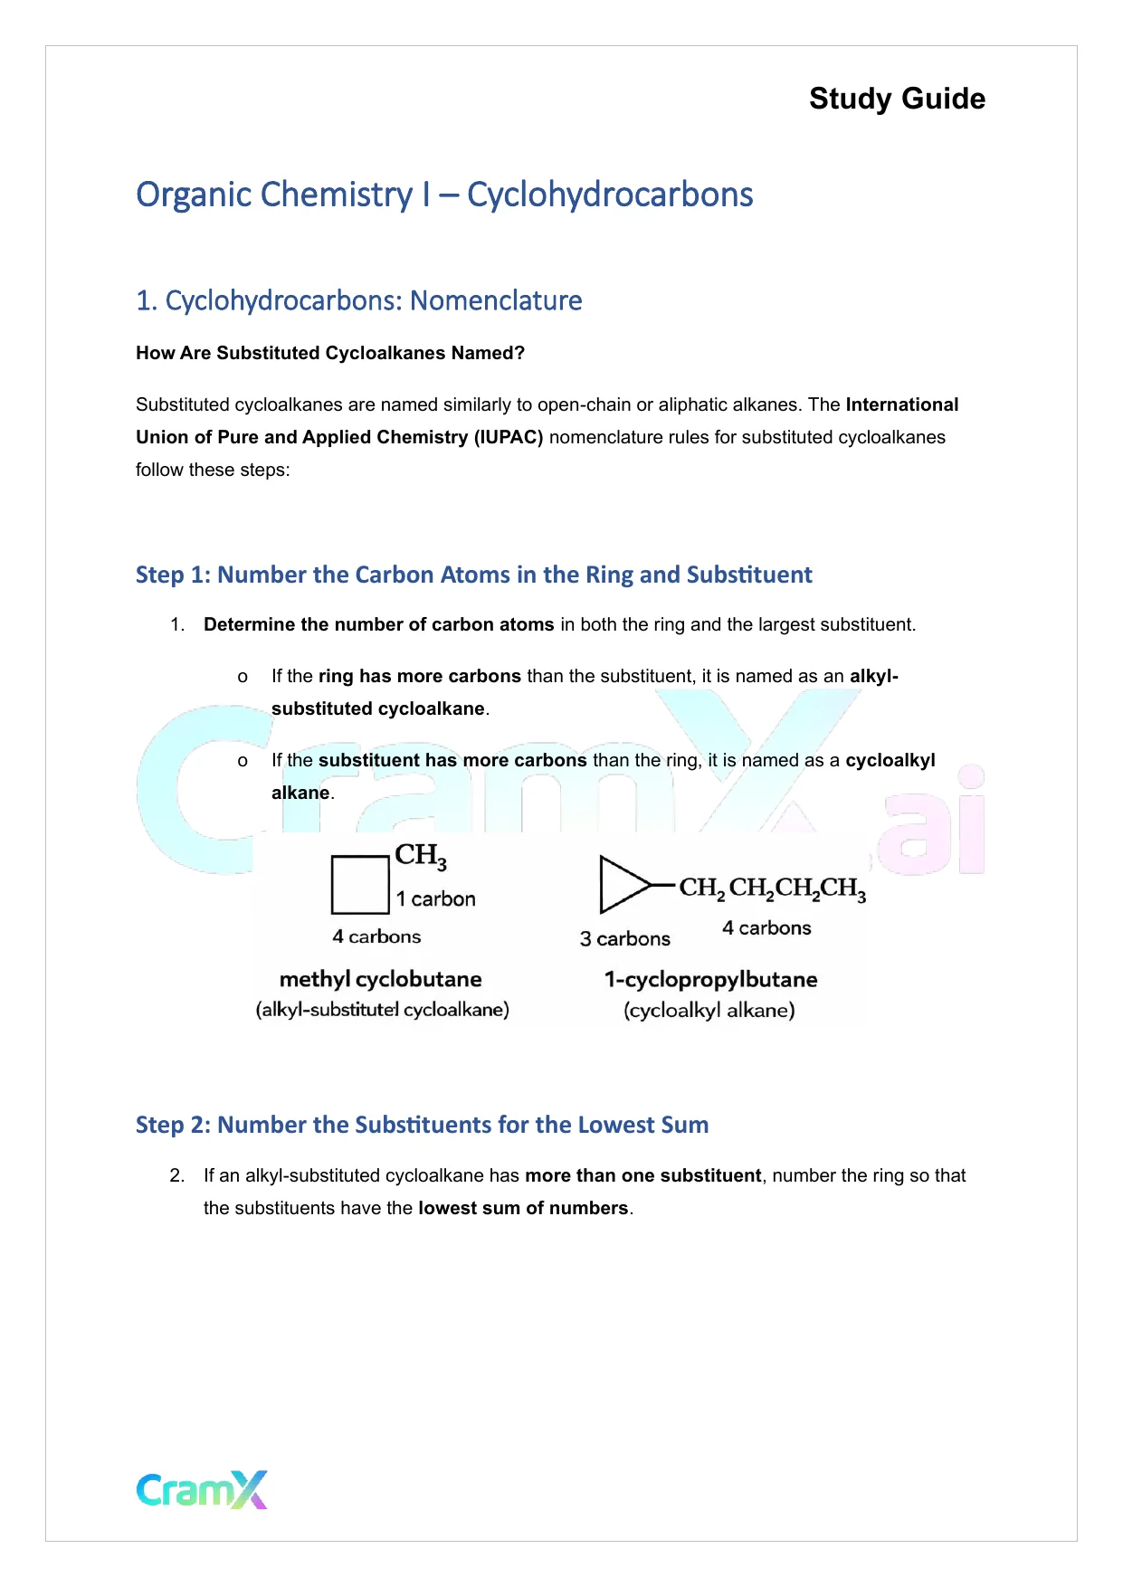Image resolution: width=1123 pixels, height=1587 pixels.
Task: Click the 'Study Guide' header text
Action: pyautogui.click(x=897, y=99)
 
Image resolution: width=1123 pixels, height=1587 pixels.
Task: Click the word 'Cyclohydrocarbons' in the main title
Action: pyautogui.click(x=610, y=195)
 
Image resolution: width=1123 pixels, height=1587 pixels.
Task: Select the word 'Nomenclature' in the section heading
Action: pyautogui.click(x=496, y=300)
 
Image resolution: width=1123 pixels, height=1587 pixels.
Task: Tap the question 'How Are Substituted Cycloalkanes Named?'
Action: pyautogui.click(x=330, y=354)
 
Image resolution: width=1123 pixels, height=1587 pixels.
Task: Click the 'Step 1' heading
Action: pyautogui.click(x=473, y=575)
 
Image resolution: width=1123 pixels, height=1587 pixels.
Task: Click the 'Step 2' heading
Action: pyautogui.click(x=422, y=1126)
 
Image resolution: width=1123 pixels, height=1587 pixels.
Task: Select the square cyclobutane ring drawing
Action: pyautogui.click(x=360, y=885)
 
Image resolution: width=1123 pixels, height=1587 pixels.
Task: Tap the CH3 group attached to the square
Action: pyautogui.click(x=421, y=856)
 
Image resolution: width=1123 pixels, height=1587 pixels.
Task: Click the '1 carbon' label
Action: pyautogui.click(x=435, y=899)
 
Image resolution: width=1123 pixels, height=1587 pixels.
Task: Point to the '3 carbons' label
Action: pyautogui.click(x=625, y=939)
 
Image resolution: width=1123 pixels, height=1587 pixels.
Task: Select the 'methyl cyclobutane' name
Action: pyautogui.click(x=381, y=980)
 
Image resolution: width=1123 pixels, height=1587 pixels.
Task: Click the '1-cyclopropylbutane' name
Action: pyautogui.click(x=711, y=980)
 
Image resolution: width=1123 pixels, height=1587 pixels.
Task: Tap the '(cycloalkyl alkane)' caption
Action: pyautogui.click(x=709, y=1011)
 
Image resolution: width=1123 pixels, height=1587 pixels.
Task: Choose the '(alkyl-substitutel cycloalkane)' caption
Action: pyautogui.click(x=383, y=1010)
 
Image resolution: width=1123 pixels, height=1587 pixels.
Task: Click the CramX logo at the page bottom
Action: pyautogui.click(x=202, y=1489)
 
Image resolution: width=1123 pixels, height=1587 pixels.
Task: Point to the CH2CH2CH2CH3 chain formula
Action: pyautogui.click(x=773, y=889)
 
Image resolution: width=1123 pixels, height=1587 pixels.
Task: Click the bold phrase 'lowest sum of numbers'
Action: pyautogui.click(x=523, y=1209)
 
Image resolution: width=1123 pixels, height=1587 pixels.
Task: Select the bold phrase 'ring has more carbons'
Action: pyautogui.click(x=420, y=677)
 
